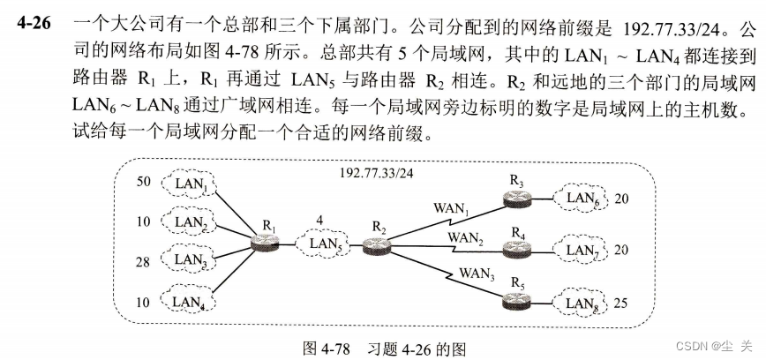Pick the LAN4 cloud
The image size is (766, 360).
coord(191,301)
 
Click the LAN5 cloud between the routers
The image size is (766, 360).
coord(324,242)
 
